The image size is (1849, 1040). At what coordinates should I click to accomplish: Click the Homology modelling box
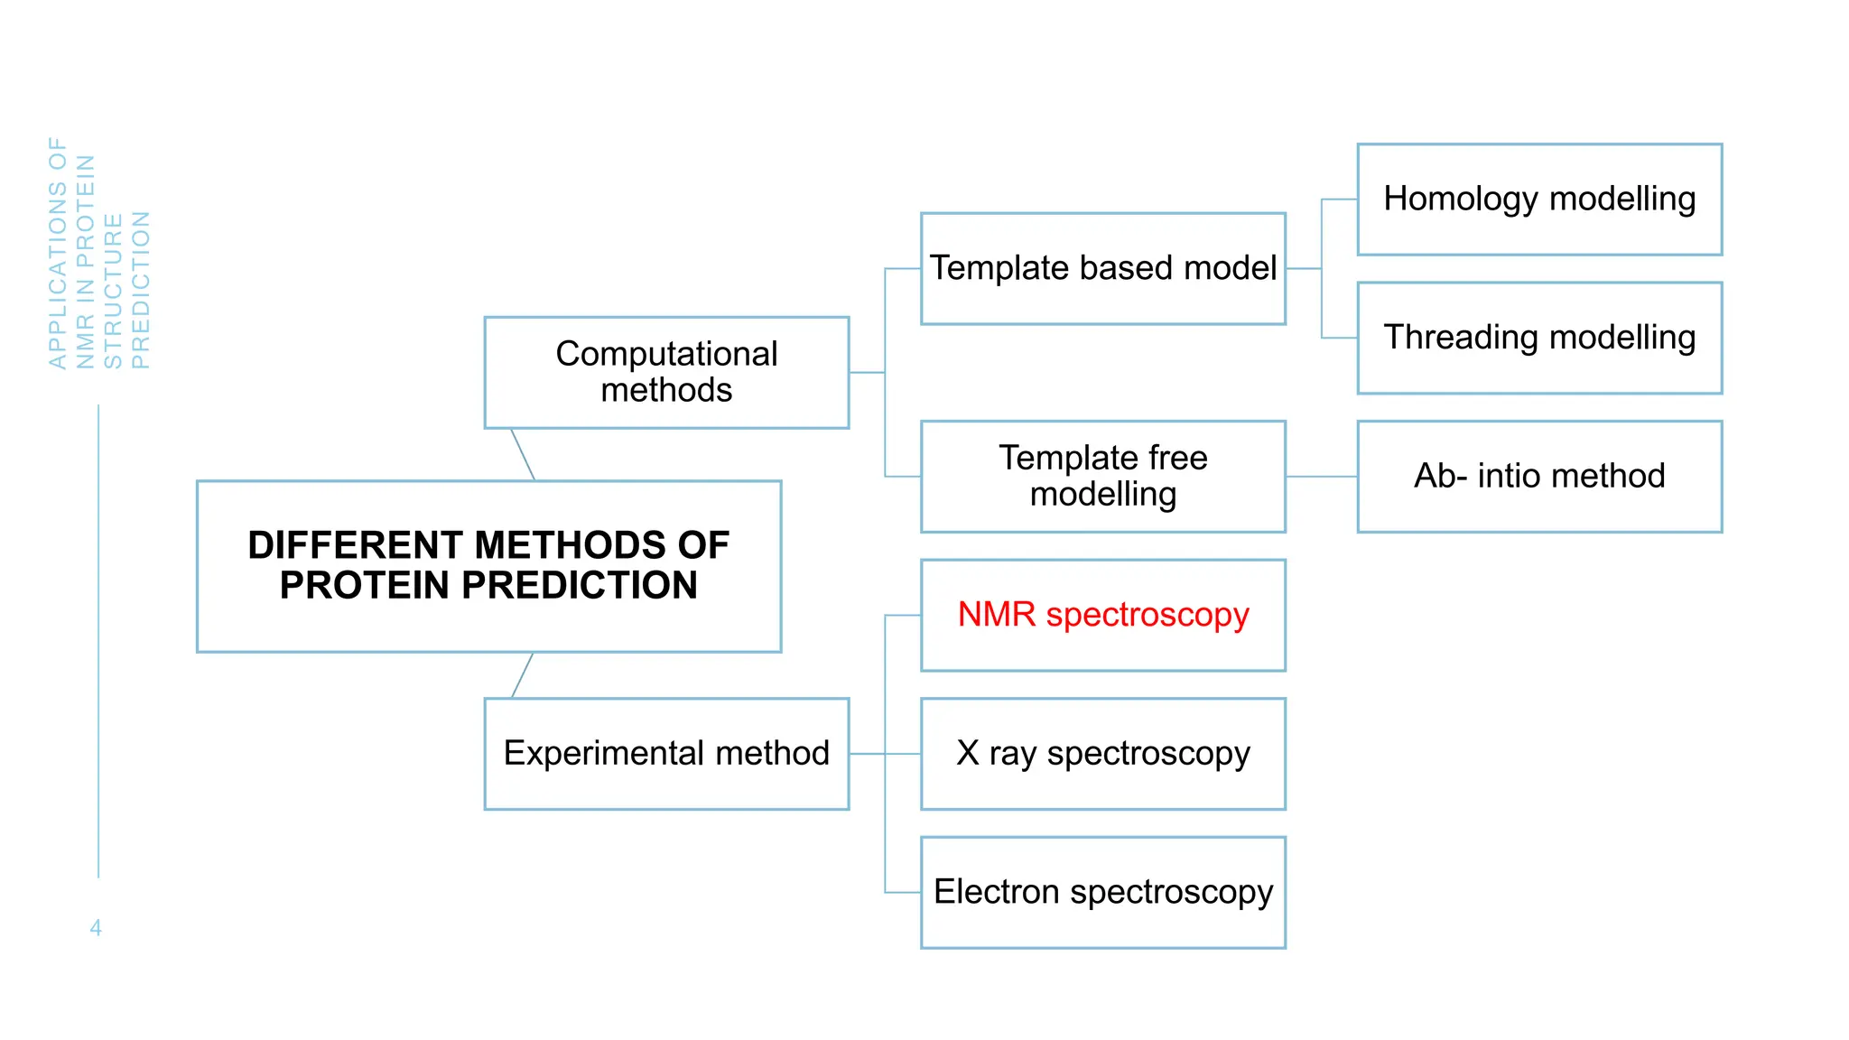[1538, 200]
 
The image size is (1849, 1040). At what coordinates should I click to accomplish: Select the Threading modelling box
[1538, 338]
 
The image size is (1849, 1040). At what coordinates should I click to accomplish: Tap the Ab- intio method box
[1538, 477]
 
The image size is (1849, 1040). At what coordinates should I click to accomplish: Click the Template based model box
[1102, 269]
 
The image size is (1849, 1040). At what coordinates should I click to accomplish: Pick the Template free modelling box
[1102, 477]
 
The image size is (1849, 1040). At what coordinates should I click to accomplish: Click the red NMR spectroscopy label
[1102, 615]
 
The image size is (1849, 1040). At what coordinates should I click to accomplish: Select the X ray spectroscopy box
[1102, 754]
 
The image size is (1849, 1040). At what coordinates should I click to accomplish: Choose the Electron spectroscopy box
[1102, 892]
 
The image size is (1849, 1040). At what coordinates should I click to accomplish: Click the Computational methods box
[666, 372]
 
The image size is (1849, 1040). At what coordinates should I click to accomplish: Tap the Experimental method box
[666, 754]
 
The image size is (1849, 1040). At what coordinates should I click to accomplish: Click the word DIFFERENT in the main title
[356, 545]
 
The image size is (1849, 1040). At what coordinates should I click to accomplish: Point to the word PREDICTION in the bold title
[580, 586]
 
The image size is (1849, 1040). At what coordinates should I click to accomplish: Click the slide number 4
[96, 927]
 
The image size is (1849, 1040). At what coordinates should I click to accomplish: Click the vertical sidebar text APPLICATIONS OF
[58, 253]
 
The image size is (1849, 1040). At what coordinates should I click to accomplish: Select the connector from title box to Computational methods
[523, 454]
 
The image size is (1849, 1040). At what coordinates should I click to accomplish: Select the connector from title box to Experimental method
[523, 675]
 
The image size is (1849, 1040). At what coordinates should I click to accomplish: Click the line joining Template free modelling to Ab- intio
[1321, 477]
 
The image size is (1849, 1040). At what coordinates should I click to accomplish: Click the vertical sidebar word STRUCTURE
[113, 291]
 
